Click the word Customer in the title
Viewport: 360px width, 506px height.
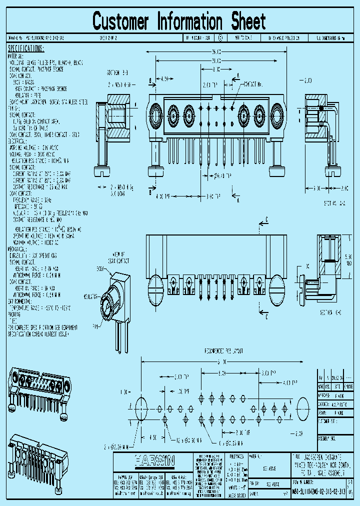pyautogui.click(x=120, y=21)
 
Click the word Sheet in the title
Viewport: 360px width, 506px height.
pyautogui.click(x=248, y=21)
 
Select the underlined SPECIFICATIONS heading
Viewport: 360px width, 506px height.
pyautogui.click(x=26, y=48)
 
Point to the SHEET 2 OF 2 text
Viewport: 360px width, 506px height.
pyautogui.click(x=105, y=38)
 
